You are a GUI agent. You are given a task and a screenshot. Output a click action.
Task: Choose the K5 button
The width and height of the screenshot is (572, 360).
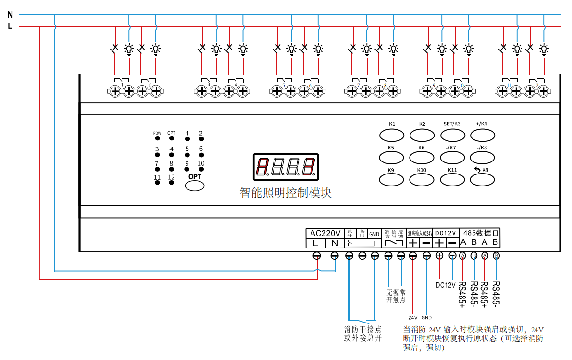[x=391, y=157]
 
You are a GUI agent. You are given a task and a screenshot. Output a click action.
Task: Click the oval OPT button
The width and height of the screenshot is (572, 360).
[x=195, y=186]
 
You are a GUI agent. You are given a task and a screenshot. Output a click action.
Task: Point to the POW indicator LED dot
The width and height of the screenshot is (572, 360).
[x=157, y=138]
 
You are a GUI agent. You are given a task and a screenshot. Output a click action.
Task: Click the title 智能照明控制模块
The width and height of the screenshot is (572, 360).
[x=286, y=193]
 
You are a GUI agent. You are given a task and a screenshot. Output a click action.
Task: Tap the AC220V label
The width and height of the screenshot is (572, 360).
[x=325, y=233]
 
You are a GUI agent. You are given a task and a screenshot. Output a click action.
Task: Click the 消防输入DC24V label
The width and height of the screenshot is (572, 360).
[x=420, y=233]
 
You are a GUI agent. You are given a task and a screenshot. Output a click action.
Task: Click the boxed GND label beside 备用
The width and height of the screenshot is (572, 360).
[x=374, y=234]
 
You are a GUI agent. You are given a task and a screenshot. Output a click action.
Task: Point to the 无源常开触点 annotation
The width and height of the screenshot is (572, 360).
[x=396, y=296]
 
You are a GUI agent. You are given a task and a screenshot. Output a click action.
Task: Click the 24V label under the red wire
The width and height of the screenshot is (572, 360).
[x=412, y=318]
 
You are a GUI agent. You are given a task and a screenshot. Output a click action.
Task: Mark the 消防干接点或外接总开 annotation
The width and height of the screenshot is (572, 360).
[x=363, y=334]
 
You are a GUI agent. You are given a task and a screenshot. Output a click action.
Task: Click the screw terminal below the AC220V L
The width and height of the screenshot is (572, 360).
[x=317, y=256]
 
